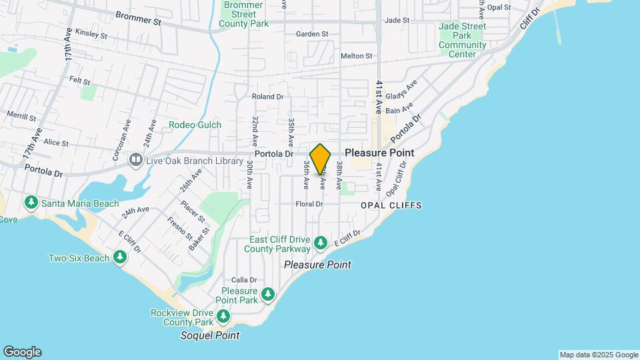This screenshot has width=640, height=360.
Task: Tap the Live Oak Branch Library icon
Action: click(x=136, y=159)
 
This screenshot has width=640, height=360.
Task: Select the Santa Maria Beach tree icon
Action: click(x=30, y=202)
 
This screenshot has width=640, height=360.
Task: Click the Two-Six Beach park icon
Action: click(x=120, y=257)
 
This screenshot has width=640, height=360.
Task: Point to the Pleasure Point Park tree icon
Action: click(x=268, y=293)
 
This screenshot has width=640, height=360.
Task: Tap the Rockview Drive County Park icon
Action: click(x=223, y=315)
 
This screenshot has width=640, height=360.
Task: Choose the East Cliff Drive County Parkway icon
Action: click(x=321, y=243)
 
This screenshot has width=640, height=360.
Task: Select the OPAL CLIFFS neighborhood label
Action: click(x=391, y=205)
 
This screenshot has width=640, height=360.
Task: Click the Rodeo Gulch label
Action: click(x=195, y=125)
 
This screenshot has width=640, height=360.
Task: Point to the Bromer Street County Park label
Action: click(x=243, y=14)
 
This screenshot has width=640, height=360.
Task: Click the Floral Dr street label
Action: click(x=309, y=204)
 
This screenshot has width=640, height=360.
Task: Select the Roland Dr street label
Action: click(x=268, y=97)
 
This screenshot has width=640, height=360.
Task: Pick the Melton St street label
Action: click(x=356, y=56)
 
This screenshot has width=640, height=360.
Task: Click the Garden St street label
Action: click(x=312, y=34)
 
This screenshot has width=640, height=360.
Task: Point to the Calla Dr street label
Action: click(x=244, y=280)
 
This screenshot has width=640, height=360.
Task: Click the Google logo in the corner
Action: click(x=22, y=352)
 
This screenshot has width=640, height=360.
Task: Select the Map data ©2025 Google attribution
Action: click(x=598, y=355)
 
